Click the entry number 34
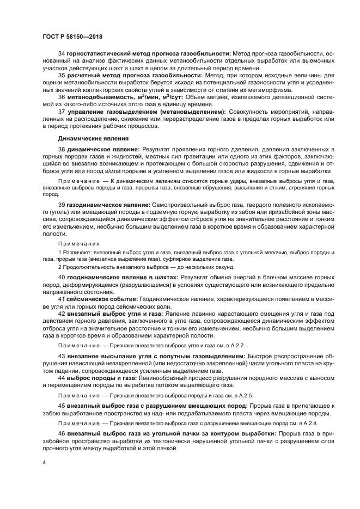(x=61, y=53)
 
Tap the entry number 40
(x=61, y=277)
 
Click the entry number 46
(x=61, y=433)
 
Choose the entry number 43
(x=61, y=356)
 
